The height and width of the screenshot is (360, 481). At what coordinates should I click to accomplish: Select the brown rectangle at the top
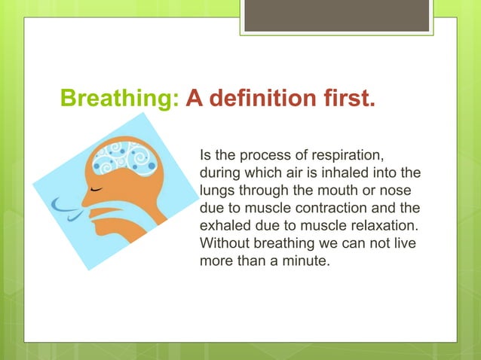[x=336, y=16]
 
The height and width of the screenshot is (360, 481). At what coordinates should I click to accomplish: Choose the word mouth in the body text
[x=330, y=191]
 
